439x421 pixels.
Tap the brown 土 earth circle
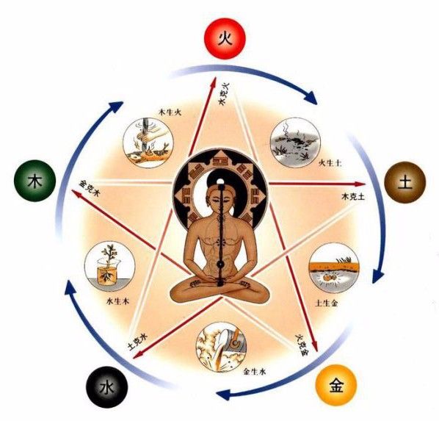point(405,181)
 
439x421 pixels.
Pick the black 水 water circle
point(106,387)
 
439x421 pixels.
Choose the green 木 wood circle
point(35,181)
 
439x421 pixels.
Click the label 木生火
point(170,112)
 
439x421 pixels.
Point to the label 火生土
point(330,162)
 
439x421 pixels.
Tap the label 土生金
point(327,303)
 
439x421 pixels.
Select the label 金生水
point(255,372)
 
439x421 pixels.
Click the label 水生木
point(118,301)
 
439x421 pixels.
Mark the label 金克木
point(88,188)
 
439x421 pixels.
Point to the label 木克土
point(353,196)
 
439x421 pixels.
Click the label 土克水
point(137,342)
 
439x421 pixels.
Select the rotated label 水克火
point(223,93)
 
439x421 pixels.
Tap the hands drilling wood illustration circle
point(148,143)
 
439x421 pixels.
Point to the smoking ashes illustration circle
point(295,143)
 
